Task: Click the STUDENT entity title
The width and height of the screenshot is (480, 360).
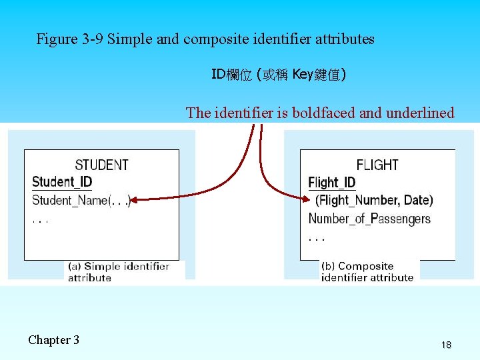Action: coord(101,165)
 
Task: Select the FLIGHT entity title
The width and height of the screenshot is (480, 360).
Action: coord(377,165)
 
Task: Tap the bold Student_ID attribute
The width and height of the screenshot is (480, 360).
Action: coord(62,181)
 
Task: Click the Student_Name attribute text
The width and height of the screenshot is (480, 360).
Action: coord(70,200)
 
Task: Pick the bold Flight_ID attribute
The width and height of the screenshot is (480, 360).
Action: coord(331,183)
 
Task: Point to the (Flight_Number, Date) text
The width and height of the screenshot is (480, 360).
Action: coord(374,200)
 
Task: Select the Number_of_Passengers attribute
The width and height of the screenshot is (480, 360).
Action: coord(369,219)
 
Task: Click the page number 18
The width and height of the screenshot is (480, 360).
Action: coord(446,345)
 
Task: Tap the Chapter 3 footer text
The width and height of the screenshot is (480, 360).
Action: coord(53,340)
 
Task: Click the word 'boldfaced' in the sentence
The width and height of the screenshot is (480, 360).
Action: coord(323,113)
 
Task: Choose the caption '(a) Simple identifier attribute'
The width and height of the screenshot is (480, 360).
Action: coord(118,272)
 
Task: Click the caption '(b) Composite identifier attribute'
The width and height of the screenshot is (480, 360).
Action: coord(367,272)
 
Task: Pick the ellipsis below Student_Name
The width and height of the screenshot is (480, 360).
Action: coord(40,220)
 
